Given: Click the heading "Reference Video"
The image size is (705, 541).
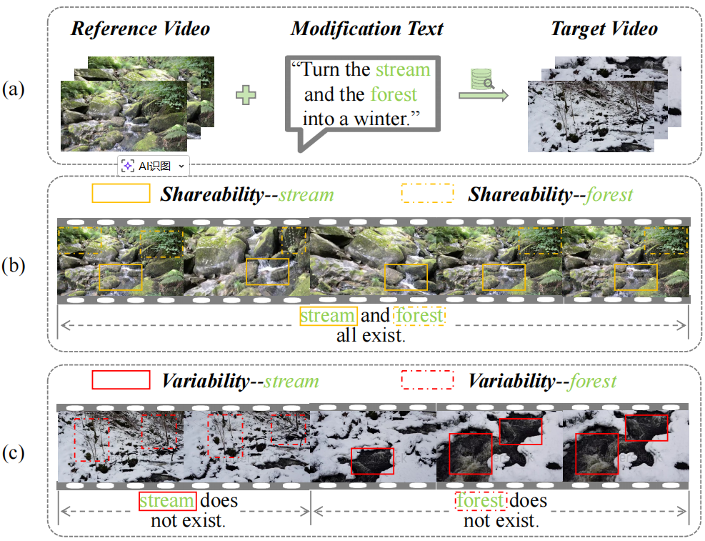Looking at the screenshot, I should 141,29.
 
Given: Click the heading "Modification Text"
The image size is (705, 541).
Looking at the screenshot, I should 367,29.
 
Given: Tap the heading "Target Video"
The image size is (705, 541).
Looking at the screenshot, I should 604,29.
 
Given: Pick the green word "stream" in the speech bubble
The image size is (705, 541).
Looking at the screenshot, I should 403,69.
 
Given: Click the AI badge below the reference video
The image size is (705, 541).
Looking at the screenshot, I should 154,165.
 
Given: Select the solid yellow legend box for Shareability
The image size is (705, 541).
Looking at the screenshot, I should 121,194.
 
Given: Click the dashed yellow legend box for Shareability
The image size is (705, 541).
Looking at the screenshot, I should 428,194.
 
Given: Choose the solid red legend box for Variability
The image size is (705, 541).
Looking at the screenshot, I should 121,379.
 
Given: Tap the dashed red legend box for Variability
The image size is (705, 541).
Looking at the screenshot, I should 428,379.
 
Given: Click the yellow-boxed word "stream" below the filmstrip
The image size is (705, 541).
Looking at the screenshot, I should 328,316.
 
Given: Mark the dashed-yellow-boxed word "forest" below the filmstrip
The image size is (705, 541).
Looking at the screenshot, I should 419,316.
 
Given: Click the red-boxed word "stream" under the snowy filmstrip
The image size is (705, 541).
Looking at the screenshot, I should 167,501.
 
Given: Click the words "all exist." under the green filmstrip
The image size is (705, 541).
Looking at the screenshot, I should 371,335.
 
